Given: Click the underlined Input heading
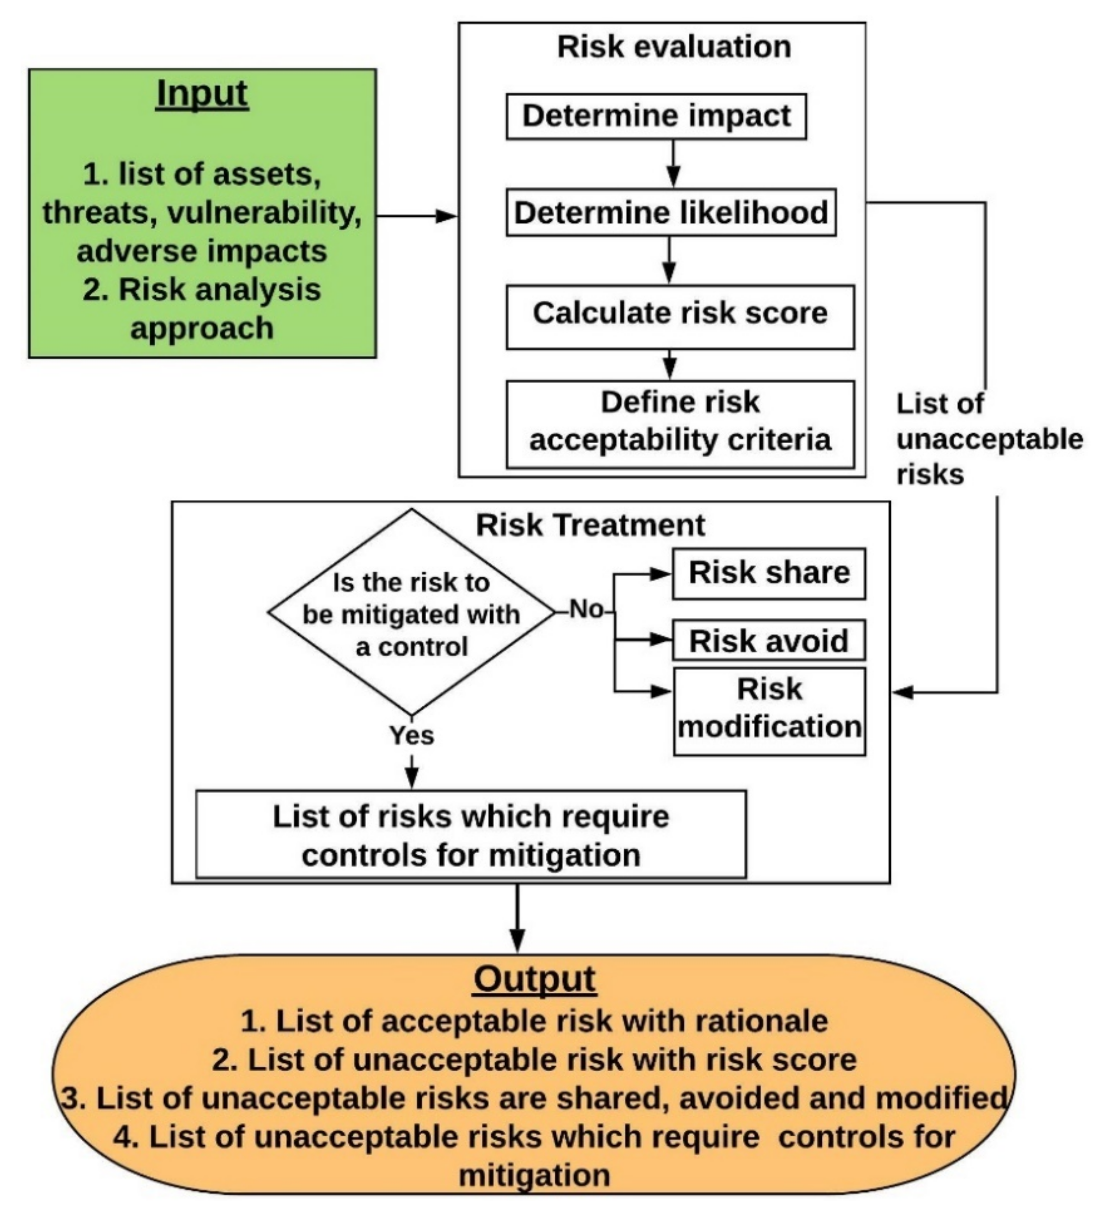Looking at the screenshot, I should (x=202, y=95).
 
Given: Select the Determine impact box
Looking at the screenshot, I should (x=656, y=116).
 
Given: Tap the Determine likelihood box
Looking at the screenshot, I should (x=671, y=213).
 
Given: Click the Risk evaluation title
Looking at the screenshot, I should (x=674, y=47).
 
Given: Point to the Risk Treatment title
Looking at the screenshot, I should (x=590, y=525).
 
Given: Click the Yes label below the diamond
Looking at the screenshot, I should (x=411, y=735).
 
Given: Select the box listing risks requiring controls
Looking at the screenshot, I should (x=471, y=835).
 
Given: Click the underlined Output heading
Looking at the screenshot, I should (x=534, y=979).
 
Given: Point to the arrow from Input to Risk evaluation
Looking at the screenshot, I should (x=416, y=216).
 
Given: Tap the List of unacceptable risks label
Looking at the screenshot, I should (x=988, y=439).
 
